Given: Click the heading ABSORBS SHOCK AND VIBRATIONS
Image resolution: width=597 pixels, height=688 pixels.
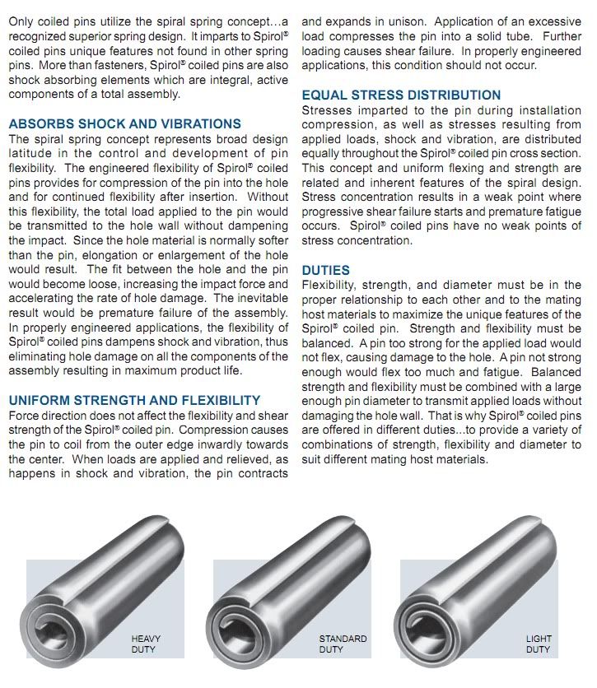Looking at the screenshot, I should (124, 124).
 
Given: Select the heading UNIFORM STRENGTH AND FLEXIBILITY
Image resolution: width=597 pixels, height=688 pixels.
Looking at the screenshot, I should (134, 400).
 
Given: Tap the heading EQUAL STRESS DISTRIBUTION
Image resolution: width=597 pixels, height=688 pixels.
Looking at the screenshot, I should (401, 95).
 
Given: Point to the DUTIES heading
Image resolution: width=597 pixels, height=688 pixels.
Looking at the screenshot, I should (325, 270).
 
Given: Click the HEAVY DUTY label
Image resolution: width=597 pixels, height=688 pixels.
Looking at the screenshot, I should (145, 644).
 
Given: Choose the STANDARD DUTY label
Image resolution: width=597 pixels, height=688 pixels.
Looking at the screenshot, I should (343, 644).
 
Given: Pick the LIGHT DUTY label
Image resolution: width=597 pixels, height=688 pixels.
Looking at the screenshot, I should (539, 644).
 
